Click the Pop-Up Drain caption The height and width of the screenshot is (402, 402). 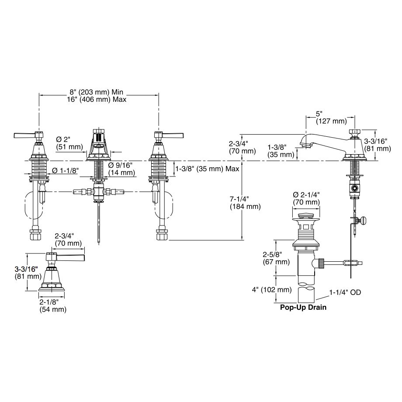tap(303, 307)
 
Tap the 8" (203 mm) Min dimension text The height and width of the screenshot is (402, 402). tap(97, 92)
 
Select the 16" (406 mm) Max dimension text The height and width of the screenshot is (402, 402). tap(97, 99)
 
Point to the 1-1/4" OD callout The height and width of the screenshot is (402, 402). tap(345, 292)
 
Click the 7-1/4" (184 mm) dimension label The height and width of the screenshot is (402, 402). tap(245, 203)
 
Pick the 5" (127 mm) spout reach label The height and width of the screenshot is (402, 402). tap(331, 117)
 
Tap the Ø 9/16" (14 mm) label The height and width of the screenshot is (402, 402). tap(121, 169)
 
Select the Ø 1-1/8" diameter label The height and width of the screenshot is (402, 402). tap(65, 170)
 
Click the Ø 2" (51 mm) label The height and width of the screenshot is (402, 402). tap(69, 143)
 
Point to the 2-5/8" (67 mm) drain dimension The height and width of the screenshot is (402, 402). tap(276, 258)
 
